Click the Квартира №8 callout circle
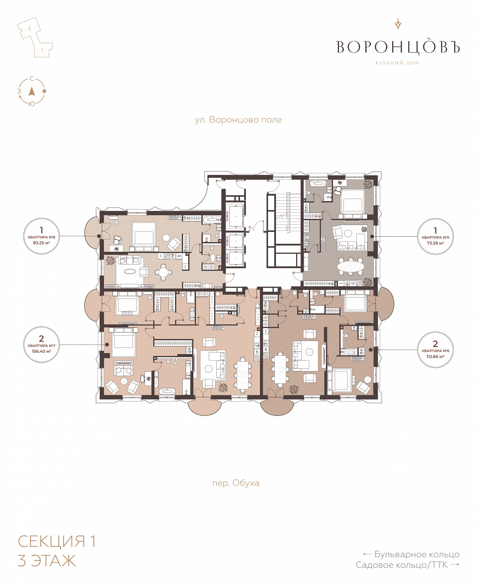[41, 236]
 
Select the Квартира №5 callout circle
[435, 236]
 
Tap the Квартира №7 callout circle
[41, 345]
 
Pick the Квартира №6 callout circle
[435, 349]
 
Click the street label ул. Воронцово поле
[238, 120]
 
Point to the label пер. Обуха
[236, 483]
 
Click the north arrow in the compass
[32, 91]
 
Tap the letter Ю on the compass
[32, 104]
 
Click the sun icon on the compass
[44, 91]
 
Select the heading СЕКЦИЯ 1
[57, 541]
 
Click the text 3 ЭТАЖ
[47, 561]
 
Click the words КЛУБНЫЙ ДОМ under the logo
[397, 63]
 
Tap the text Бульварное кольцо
[416, 554]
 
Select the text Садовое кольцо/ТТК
[402, 565]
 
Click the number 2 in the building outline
[29, 28]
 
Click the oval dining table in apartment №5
[351, 266]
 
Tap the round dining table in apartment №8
[163, 272]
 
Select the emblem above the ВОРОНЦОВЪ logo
[398, 24]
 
